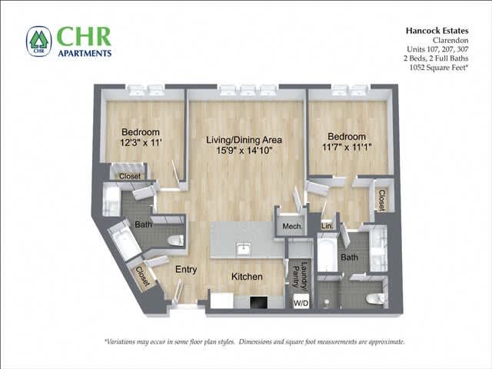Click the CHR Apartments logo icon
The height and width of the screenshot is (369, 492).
click(38, 42)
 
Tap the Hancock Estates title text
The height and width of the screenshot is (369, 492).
click(436, 32)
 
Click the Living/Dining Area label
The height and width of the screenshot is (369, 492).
click(244, 141)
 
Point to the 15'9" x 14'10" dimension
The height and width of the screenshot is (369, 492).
click(244, 152)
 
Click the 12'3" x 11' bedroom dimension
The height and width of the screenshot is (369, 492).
click(141, 143)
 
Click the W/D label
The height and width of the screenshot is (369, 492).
click(301, 303)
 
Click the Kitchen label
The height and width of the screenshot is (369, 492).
click(247, 277)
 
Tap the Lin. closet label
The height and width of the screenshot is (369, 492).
click(327, 226)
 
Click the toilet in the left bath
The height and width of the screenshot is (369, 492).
click(176, 241)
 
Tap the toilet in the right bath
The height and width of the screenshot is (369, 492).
click(375, 298)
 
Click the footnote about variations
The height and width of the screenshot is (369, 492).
click(254, 342)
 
